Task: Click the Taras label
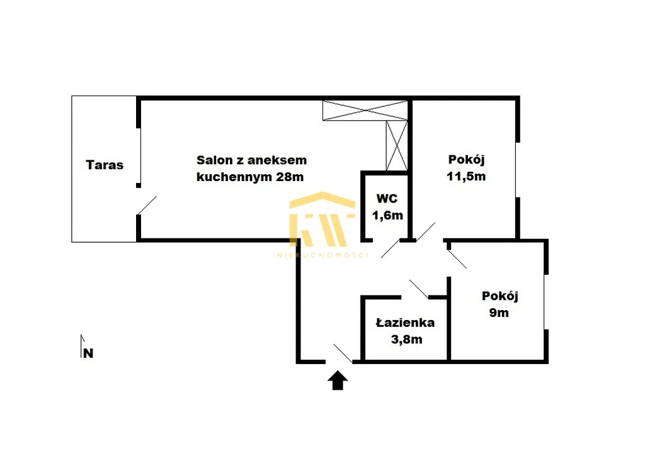(105, 165)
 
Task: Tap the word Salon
(214, 160)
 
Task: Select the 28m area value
(290, 177)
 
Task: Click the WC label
(387, 199)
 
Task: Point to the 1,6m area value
(387, 215)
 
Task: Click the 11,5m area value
(466, 176)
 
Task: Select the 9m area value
(499, 313)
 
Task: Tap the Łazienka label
(405, 323)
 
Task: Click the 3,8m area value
(406, 340)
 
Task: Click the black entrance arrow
(338, 380)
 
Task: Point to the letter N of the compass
(88, 353)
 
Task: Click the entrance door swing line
(343, 353)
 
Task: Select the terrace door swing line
(147, 205)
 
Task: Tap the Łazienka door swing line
(419, 289)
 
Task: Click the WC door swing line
(391, 248)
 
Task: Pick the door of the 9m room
(457, 259)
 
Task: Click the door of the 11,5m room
(425, 232)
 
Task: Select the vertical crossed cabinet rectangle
(397, 145)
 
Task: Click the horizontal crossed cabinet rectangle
(365, 110)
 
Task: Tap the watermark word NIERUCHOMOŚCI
(323, 255)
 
